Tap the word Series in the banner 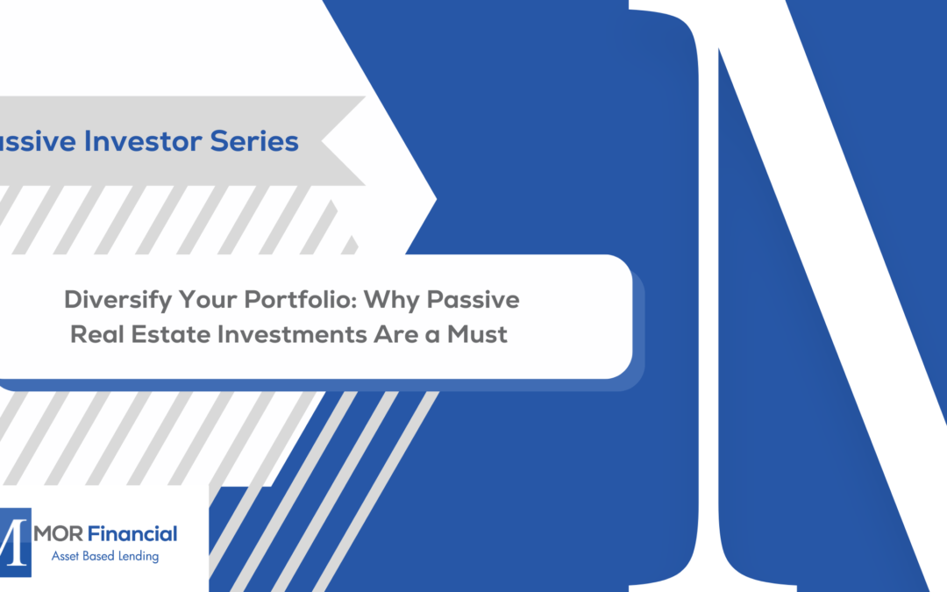(257, 140)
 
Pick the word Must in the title (479, 334)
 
